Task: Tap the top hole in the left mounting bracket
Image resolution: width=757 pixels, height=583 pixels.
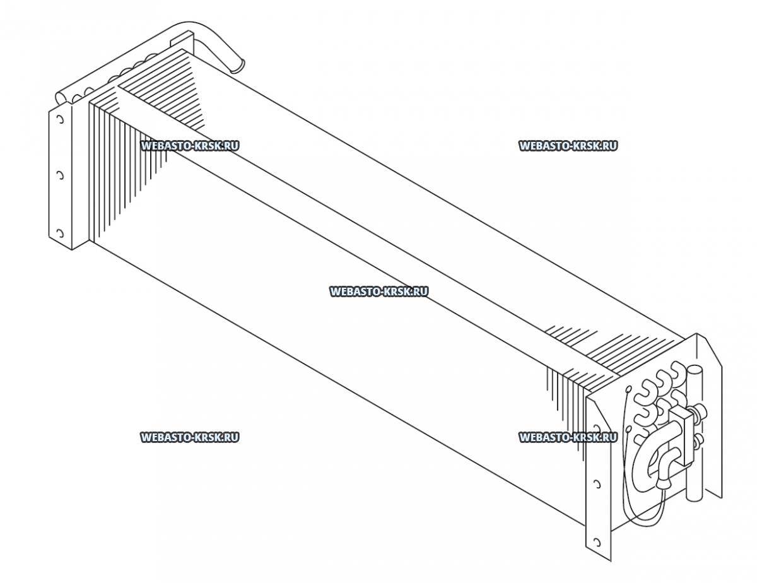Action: click(x=60, y=121)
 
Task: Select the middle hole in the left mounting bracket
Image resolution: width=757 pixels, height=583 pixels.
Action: click(x=60, y=175)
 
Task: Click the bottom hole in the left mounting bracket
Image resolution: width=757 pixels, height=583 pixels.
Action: click(x=60, y=233)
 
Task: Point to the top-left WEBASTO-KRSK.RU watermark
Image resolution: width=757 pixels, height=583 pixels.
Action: click(x=190, y=146)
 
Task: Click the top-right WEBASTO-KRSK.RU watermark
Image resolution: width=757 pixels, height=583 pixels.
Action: click(x=568, y=146)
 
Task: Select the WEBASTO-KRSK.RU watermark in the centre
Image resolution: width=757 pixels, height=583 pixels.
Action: click(x=378, y=291)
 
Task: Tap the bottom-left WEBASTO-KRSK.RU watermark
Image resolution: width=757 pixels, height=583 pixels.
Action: click(x=190, y=437)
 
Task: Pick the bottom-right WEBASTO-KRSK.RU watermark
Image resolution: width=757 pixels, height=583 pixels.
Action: click(x=568, y=437)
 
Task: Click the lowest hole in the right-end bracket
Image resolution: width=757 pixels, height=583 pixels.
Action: click(x=594, y=542)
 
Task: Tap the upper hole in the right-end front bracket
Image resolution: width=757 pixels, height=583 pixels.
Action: click(x=596, y=485)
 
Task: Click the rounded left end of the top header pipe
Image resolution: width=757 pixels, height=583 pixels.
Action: click(x=61, y=97)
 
